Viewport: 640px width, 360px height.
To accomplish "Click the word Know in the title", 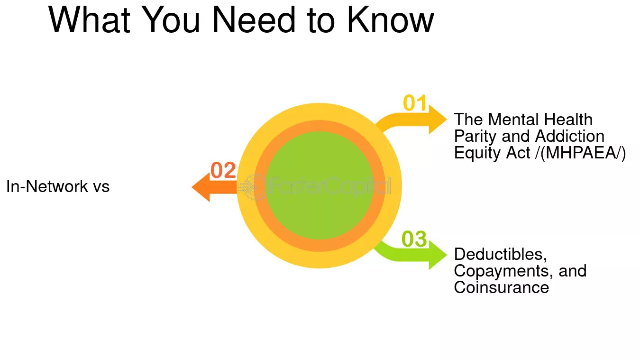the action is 390,20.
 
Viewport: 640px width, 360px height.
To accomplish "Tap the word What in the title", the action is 89,20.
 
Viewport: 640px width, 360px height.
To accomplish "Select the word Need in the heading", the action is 254,20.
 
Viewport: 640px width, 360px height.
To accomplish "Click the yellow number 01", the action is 414,102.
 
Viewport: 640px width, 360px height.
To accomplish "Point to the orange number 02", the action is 223,170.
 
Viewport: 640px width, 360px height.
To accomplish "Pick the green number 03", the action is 414,239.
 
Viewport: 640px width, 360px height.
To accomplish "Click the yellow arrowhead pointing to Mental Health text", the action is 438,119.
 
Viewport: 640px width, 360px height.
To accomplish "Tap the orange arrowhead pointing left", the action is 201,187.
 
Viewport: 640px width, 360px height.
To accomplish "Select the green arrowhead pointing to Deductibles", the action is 438,255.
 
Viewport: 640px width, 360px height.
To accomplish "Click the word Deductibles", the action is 500,254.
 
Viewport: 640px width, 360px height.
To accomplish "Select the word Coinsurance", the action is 502,287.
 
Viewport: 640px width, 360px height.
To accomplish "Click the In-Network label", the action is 47,186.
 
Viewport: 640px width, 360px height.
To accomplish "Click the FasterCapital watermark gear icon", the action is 252,187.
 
